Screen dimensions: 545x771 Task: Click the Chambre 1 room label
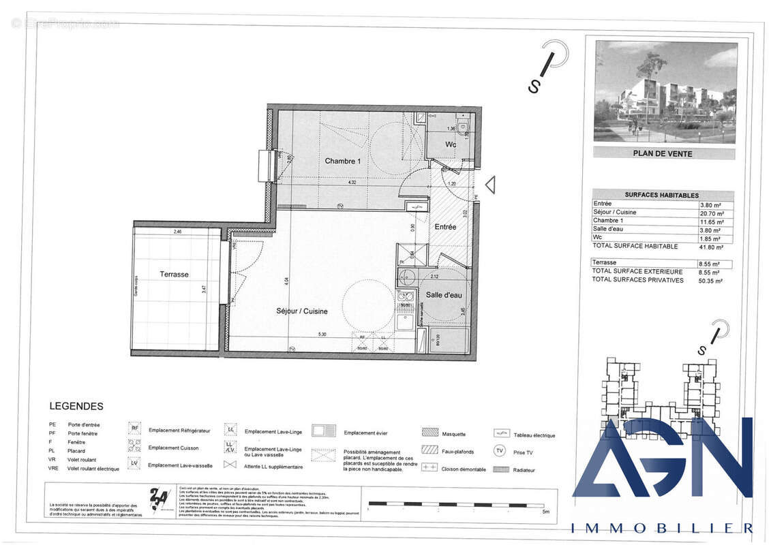tap(342, 161)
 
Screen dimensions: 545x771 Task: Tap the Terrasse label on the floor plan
tap(175, 274)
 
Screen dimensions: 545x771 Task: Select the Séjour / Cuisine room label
tap(302, 311)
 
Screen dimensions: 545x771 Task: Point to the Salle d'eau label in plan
tap(444, 294)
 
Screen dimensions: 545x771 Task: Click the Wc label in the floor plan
tap(451, 144)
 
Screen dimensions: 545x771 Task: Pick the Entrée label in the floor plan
tap(445, 226)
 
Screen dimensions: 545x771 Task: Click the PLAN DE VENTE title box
tap(663, 153)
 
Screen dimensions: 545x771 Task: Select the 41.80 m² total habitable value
tap(710, 247)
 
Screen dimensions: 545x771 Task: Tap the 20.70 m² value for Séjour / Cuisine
tap(710, 213)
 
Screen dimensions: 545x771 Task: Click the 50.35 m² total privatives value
tap(710, 280)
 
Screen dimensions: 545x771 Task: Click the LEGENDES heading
tap(76, 406)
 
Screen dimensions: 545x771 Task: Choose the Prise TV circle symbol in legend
tap(500, 450)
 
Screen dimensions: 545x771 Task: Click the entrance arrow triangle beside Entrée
tap(489, 185)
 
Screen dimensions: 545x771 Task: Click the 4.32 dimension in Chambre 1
tap(352, 183)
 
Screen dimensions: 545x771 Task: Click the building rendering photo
tap(665, 92)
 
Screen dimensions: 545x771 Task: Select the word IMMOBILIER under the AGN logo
tap(661, 528)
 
